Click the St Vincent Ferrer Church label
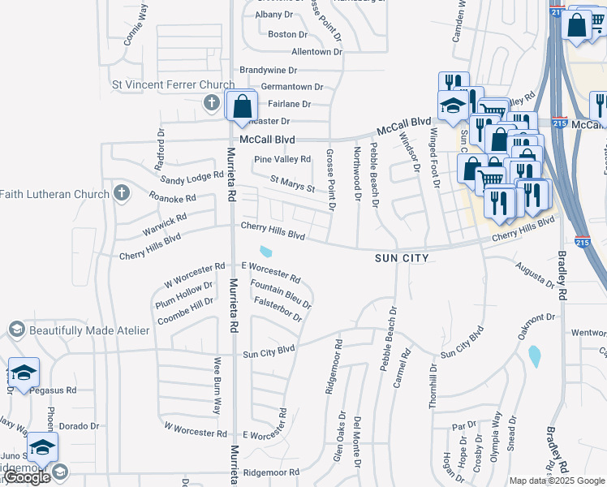(x=173, y=84)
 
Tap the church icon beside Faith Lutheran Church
(x=122, y=193)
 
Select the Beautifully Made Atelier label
(x=89, y=330)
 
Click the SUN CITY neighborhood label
(x=401, y=257)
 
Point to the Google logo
(x=26, y=477)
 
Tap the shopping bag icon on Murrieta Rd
(x=242, y=106)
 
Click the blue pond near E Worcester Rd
(x=266, y=251)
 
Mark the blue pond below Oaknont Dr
(x=533, y=356)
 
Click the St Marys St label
(x=292, y=184)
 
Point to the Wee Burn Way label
(x=217, y=386)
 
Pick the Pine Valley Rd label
(x=282, y=159)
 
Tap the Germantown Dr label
(x=292, y=87)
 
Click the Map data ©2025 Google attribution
(x=556, y=481)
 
